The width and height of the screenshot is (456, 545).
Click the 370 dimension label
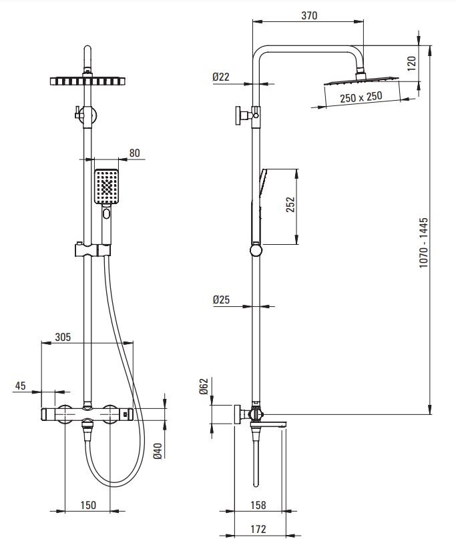tap(309, 15)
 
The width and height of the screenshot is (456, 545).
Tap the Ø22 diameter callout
tap(221, 77)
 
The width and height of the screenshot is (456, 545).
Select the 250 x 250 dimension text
tap(361, 97)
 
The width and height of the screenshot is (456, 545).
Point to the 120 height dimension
tap(411, 63)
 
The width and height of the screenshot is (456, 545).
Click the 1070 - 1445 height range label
tap(424, 243)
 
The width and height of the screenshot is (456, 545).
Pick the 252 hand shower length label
tap(290, 204)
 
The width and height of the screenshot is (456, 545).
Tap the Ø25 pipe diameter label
tap(221, 300)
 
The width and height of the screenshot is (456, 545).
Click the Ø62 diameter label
tap(204, 386)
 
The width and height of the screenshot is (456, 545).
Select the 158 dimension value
tap(258, 505)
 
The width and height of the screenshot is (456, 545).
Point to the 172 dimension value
tap(258, 529)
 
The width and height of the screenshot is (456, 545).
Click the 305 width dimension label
tap(63, 337)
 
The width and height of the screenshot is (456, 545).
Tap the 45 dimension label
tap(21, 386)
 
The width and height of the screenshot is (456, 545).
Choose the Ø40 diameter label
tap(158, 451)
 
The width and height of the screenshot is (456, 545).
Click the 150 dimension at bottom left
tap(88, 505)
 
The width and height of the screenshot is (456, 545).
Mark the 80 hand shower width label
tap(135, 153)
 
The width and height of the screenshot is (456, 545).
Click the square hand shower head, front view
tap(106, 187)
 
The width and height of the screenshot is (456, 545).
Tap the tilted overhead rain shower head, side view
tap(361, 80)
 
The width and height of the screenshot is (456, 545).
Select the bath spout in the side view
tap(273, 424)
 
